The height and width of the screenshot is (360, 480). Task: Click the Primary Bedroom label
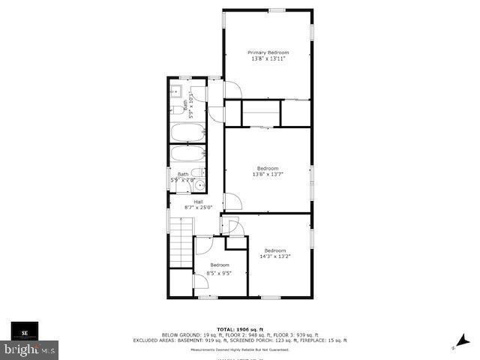tap(268, 52)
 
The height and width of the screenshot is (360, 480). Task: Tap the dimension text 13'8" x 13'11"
tap(268, 58)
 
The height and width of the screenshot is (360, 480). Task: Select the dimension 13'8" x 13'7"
tap(268, 174)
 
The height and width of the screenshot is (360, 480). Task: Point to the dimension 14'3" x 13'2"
tap(275, 256)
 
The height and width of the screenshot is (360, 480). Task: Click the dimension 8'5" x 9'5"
tap(219, 272)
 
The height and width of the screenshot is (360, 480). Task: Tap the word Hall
tap(198, 202)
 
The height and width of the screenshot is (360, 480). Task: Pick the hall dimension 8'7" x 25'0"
tap(198, 208)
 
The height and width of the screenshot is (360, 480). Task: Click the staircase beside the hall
tap(181, 241)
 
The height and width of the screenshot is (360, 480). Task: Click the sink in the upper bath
tap(174, 93)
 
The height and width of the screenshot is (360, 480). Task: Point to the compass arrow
tap(457, 344)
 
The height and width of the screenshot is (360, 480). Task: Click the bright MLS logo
tap(30, 349)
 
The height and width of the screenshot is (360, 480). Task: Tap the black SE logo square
tap(25, 331)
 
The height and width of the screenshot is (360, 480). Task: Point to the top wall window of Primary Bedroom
tap(277, 10)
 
